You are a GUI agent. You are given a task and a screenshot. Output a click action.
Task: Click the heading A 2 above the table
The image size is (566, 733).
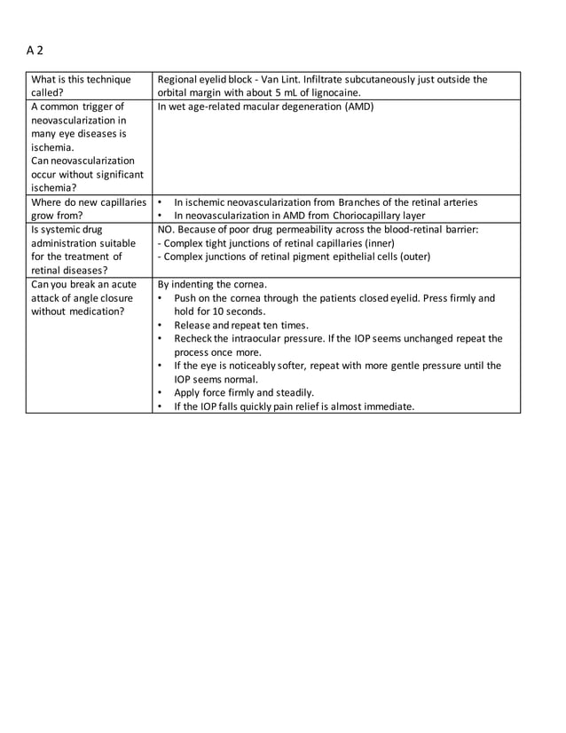click(x=35, y=51)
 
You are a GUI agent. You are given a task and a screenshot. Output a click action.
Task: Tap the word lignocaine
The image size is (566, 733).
click(x=335, y=92)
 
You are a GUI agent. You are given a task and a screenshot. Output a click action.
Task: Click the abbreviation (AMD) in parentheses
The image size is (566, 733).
click(x=358, y=106)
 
